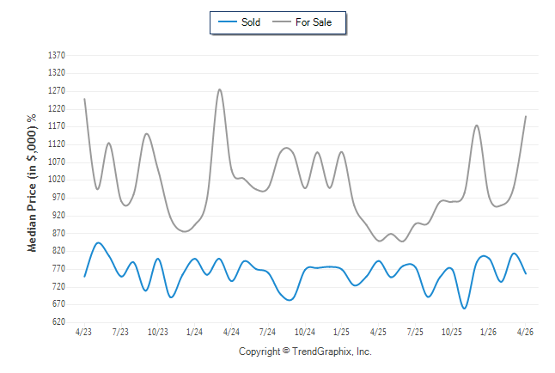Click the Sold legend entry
pyautogui.click(x=240, y=22)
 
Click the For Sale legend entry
pyautogui.click(x=302, y=22)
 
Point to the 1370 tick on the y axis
pyautogui.click(x=57, y=55)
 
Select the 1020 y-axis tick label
pyautogui.click(x=57, y=180)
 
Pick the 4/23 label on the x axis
pyautogui.click(x=83, y=332)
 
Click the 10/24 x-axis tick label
pyautogui.click(x=305, y=332)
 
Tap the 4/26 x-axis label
pyautogui.click(x=525, y=332)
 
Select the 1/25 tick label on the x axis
pyautogui.click(x=341, y=332)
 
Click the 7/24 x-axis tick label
pyautogui.click(x=267, y=332)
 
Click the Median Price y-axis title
pyautogui.click(x=32, y=183)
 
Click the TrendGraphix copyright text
pyautogui.click(x=305, y=352)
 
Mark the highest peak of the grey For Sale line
pyautogui.click(x=220, y=89)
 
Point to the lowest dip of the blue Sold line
pyautogui.click(x=464, y=309)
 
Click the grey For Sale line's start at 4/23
pyautogui.click(x=84, y=99)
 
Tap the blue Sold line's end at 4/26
pyautogui.click(x=526, y=273)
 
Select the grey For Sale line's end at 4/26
pyautogui.click(x=526, y=116)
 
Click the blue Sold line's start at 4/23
pyautogui.click(x=84, y=276)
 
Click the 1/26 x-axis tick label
pyautogui.click(x=488, y=332)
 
